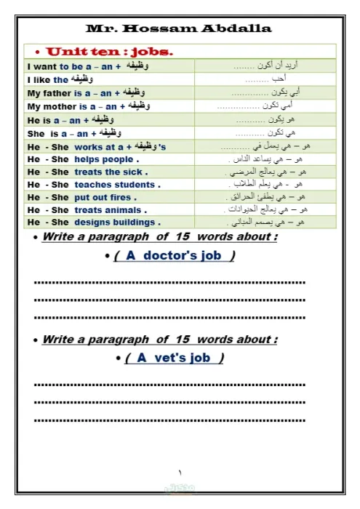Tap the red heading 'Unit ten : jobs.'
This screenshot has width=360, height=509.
point(109,52)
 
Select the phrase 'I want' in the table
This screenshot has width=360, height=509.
point(41,66)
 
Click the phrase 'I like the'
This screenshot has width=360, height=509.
point(47,80)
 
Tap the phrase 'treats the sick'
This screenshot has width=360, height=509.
point(111,172)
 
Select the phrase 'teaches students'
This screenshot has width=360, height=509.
point(116,185)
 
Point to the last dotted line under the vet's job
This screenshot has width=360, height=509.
point(169,420)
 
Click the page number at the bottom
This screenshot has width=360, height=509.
point(180,473)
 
